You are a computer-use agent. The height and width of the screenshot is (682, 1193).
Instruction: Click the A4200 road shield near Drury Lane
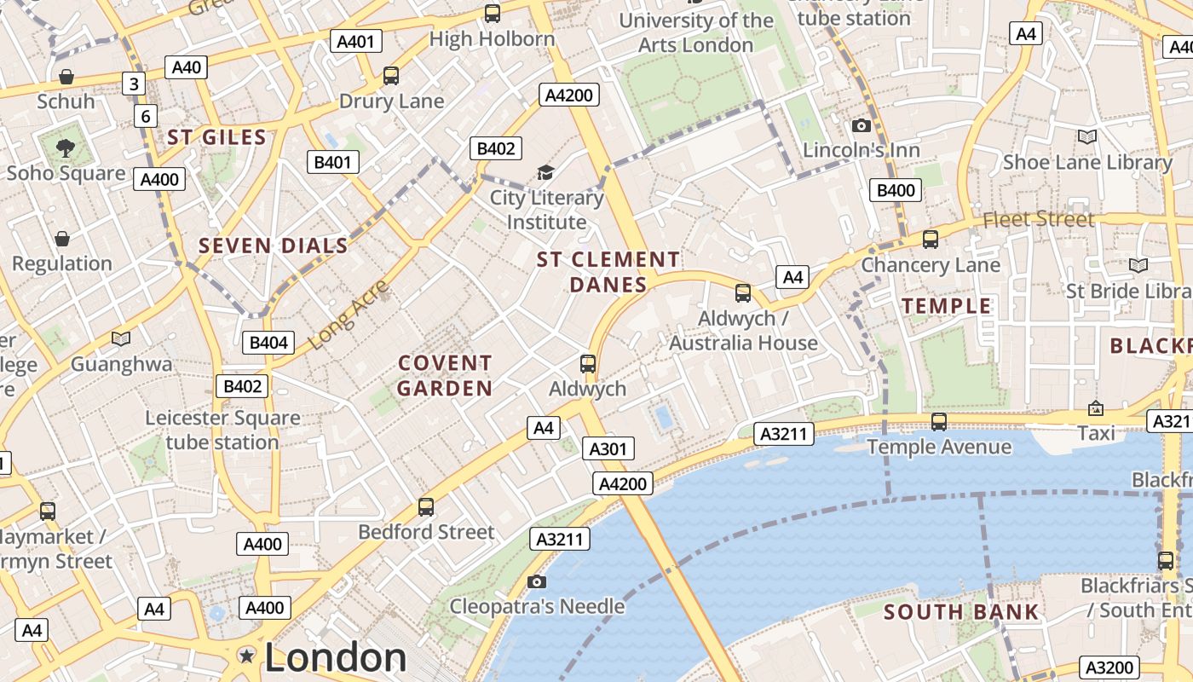point(569,95)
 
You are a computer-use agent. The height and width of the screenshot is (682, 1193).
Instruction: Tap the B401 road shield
point(333,162)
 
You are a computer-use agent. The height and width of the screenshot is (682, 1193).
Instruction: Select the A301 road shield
point(608,448)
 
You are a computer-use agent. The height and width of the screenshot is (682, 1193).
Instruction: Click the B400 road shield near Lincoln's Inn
point(896,190)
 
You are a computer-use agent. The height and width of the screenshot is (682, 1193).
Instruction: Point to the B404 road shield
point(268,343)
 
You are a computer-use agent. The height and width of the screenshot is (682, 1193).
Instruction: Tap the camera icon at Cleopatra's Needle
point(536,581)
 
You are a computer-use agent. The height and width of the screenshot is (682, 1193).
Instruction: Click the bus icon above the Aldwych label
point(587,364)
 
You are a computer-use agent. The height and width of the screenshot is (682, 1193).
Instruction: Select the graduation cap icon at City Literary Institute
point(545,173)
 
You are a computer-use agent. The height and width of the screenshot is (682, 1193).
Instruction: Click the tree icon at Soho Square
point(66,148)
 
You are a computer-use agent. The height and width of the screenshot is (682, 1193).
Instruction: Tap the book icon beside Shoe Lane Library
point(1087,136)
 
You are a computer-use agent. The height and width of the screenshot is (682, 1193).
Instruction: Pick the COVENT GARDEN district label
point(445,376)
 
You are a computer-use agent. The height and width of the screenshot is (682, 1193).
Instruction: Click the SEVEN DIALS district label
point(274,246)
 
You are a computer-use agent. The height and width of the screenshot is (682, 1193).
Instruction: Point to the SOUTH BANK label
point(961,612)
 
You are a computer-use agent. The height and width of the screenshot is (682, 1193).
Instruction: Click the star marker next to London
point(247,656)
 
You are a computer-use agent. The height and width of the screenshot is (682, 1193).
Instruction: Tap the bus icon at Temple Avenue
point(939,421)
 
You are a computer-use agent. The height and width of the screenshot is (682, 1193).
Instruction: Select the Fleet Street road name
point(1038,219)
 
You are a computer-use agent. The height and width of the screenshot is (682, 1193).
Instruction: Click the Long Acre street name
point(348,314)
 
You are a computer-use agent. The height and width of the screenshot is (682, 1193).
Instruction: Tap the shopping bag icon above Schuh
point(66,78)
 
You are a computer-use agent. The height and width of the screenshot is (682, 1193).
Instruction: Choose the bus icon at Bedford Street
point(426,506)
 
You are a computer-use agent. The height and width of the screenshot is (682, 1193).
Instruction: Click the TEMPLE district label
point(947,306)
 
